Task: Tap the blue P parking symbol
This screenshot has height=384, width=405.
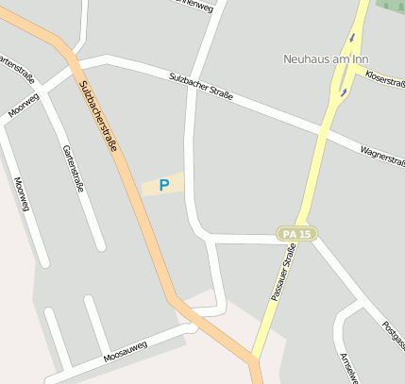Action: pyautogui.click(x=163, y=186)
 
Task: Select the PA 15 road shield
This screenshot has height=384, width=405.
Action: pyautogui.click(x=296, y=233)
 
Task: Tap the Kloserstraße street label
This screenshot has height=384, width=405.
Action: pyautogui.click(x=384, y=77)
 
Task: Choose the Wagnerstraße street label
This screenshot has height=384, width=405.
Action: pyautogui.click(x=382, y=154)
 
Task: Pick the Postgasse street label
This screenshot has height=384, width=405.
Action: pyautogui.click(x=393, y=336)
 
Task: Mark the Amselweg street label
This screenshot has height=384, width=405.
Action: pyautogui.click(x=348, y=368)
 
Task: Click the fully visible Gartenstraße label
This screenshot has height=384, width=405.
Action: pyautogui.click(x=73, y=168)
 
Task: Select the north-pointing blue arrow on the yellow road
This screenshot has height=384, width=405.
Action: pyautogui.click(x=344, y=92)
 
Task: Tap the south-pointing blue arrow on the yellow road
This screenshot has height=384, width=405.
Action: pyautogui.click(x=352, y=39)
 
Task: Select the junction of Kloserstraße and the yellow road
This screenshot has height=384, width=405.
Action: pyautogui.click(x=355, y=69)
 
